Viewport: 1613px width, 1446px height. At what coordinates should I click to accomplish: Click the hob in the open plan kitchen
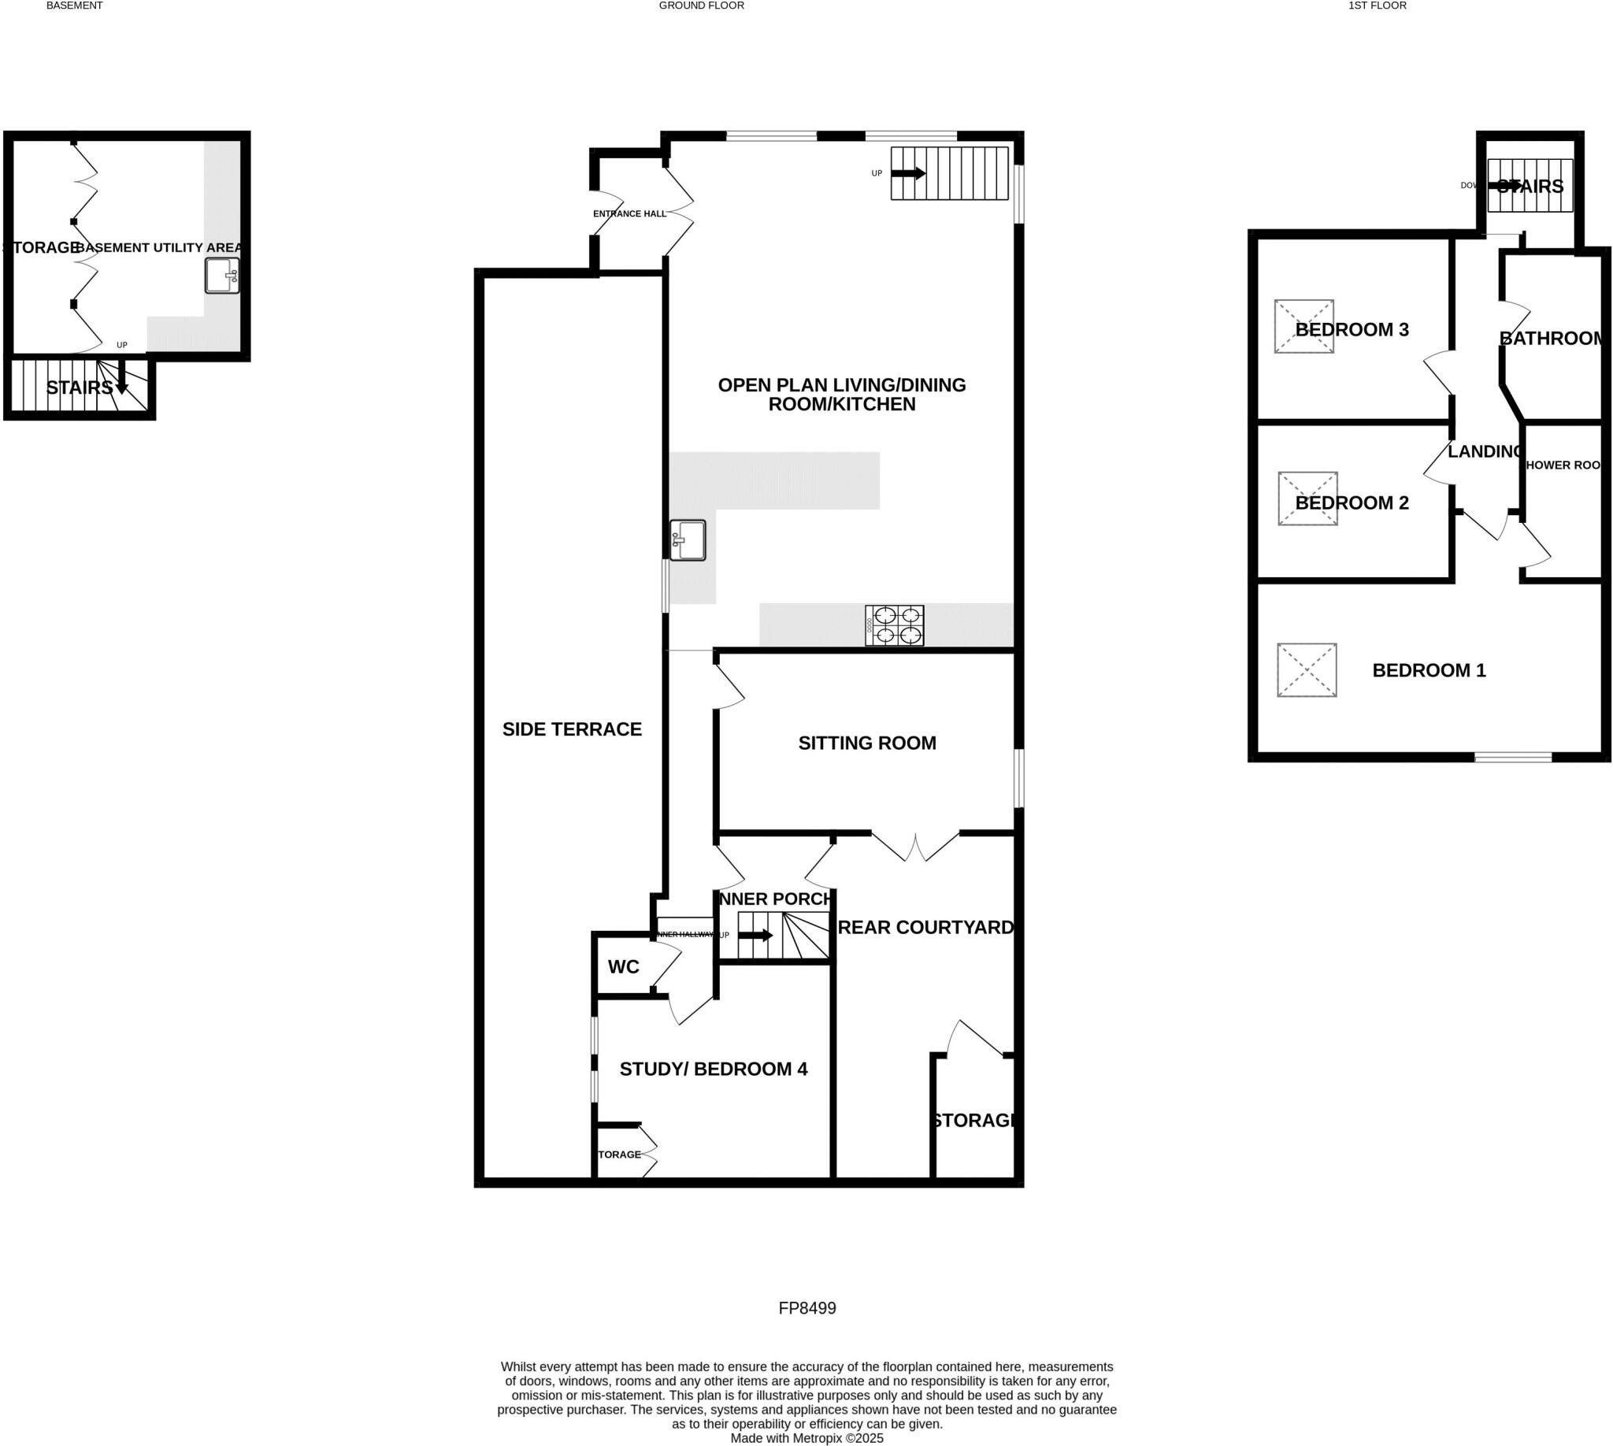(x=894, y=625)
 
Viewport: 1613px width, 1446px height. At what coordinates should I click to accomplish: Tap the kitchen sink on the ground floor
(x=688, y=540)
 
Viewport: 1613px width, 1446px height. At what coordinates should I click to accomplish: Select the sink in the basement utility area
(x=221, y=276)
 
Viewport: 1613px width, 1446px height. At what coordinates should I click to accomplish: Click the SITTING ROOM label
(x=867, y=743)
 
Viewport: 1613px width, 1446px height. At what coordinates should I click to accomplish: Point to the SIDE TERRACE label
(x=571, y=729)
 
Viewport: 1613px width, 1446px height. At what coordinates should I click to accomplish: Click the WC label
(x=623, y=967)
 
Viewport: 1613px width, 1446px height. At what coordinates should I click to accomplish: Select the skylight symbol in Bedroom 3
(x=1303, y=327)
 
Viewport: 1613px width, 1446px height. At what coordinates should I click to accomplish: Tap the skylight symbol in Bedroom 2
(x=1307, y=499)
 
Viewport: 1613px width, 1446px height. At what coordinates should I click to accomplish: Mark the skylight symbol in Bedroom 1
(x=1307, y=670)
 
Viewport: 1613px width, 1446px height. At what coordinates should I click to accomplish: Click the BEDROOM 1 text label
(x=1429, y=670)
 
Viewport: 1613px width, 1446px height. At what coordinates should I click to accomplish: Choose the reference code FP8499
(x=806, y=1308)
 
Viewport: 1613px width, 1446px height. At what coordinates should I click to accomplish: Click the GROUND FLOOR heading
(x=701, y=6)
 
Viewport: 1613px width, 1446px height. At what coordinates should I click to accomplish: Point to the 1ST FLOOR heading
(x=1377, y=6)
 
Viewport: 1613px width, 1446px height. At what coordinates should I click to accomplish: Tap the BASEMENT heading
(x=74, y=6)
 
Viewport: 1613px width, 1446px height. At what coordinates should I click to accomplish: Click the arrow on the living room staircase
(x=908, y=173)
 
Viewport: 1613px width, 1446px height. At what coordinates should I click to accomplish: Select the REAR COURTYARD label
(x=925, y=927)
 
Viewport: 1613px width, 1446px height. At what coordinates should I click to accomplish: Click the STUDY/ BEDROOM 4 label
(x=713, y=1070)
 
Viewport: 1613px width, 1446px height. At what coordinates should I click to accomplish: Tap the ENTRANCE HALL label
(x=629, y=213)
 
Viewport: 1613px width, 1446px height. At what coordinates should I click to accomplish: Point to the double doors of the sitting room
(x=915, y=847)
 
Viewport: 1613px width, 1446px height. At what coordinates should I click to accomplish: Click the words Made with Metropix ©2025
(x=806, y=1438)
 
